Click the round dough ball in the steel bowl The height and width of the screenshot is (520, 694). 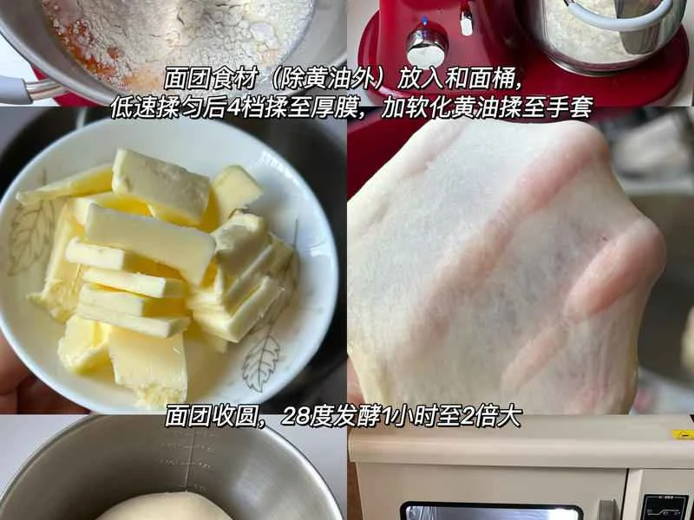(165, 506)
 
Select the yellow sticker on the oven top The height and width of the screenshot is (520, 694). (683, 435)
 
